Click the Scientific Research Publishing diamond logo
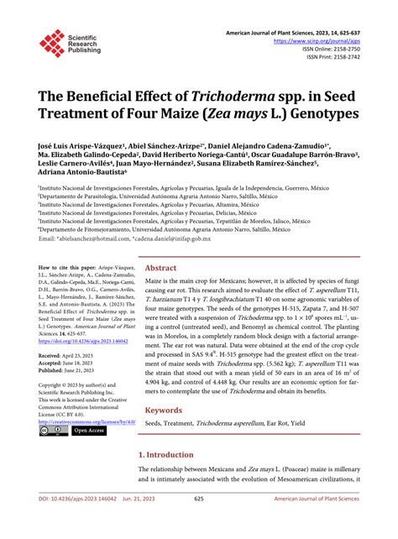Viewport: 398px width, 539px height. pyautogui.click(x=51, y=43)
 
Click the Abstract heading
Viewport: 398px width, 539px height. pyautogui.click(x=161, y=244)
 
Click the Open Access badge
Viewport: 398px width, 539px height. pyautogui.click(x=88, y=431)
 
